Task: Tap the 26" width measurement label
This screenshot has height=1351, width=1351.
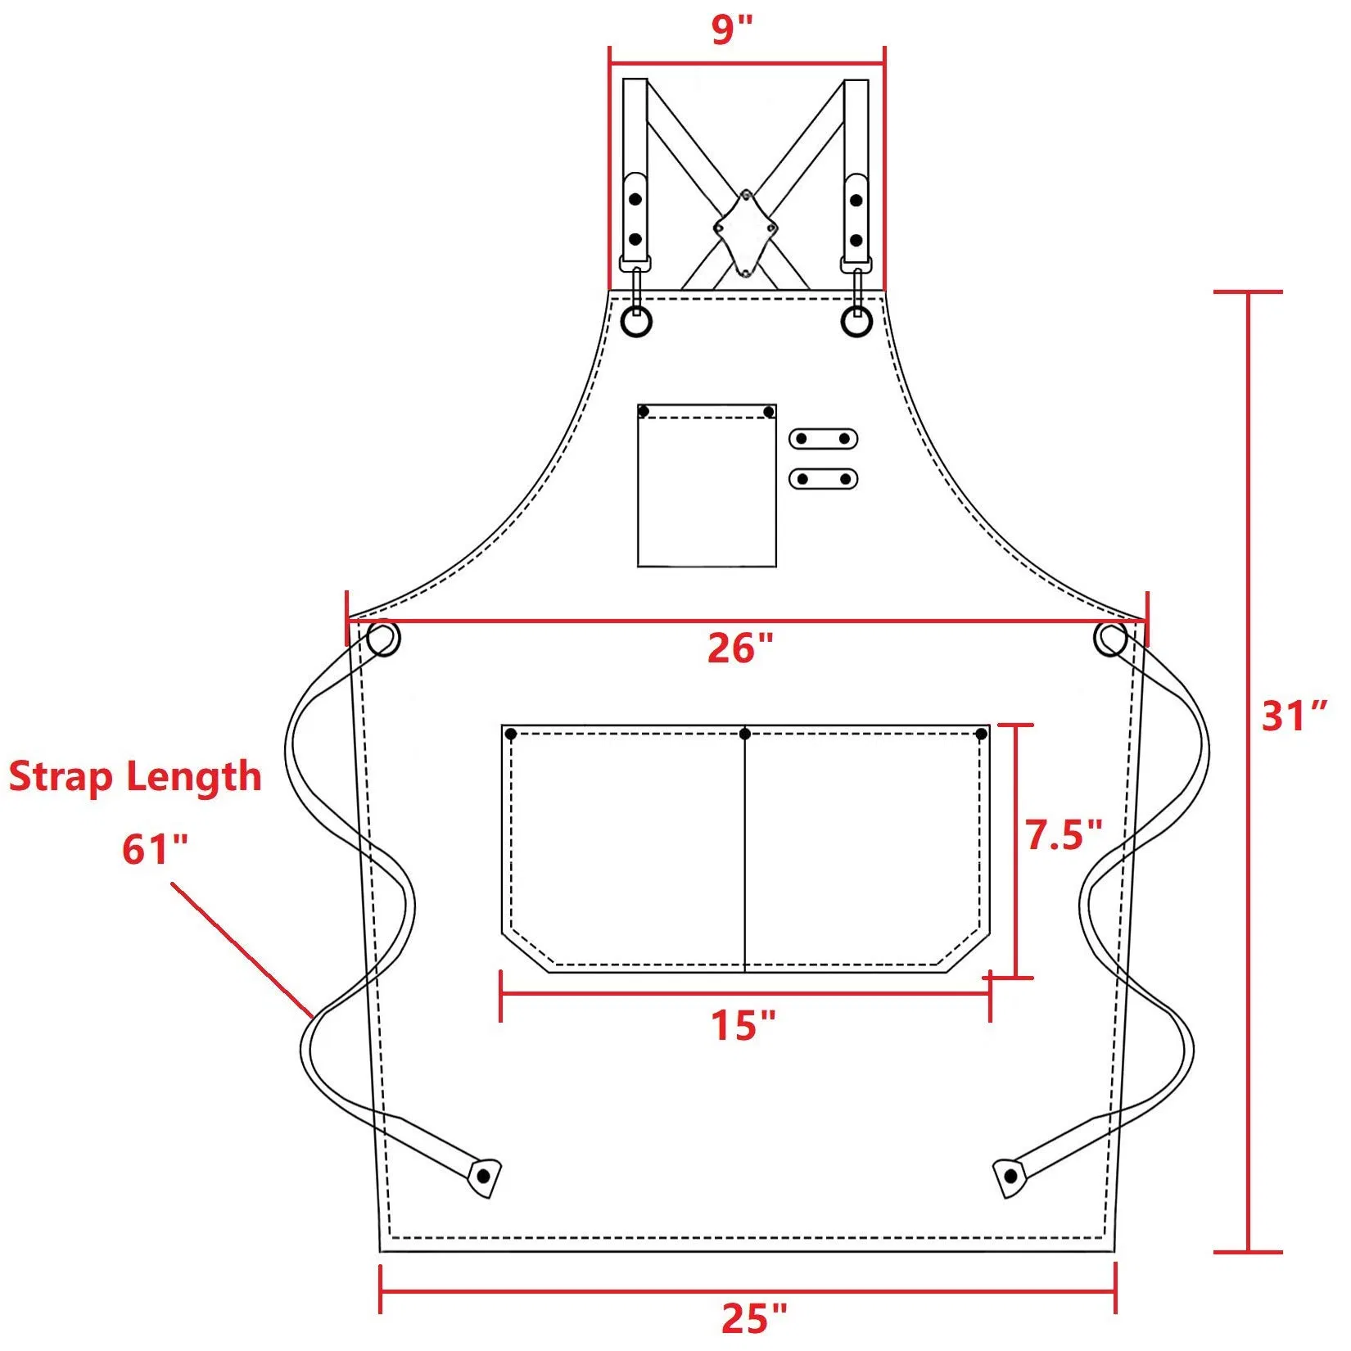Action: click(739, 648)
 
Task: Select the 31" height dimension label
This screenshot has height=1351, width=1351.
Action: click(1294, 716)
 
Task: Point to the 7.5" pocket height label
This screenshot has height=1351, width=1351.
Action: click(1064, 835)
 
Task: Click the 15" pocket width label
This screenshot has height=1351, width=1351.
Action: click(743, 1025)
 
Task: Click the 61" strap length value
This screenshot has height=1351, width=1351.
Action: click(155, 849)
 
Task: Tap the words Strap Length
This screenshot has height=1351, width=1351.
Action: click(135, 776)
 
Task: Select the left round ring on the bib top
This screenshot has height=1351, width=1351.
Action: click(636, 322)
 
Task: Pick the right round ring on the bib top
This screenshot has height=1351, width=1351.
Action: click(857, 323)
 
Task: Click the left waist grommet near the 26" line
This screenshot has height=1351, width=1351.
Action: click(383, 639)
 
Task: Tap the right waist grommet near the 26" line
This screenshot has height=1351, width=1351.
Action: click(1110, 639)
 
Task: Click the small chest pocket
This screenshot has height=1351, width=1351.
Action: click(707, 486)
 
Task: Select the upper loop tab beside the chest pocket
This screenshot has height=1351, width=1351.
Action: click(823, 439)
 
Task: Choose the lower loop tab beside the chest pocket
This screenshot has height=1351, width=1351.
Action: click(823, 479)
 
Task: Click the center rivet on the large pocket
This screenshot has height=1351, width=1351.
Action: click(744, 734)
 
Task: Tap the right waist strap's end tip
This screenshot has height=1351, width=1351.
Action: click(1010, 1177)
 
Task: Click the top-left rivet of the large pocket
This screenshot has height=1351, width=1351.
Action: click(511, 734)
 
